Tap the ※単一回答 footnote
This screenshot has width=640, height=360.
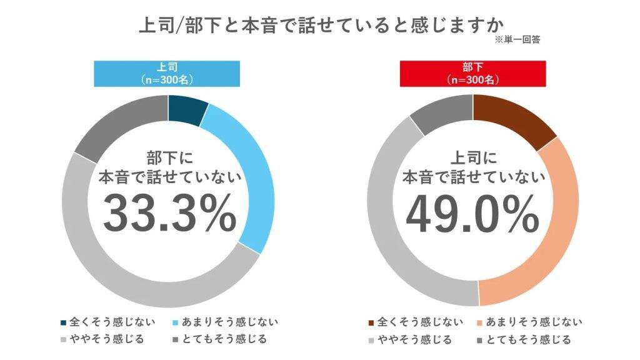[517, 39]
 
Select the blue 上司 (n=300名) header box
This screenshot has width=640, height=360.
[168, 73]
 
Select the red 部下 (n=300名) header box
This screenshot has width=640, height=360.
[473, 73]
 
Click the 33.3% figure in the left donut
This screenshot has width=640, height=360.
[169, 212]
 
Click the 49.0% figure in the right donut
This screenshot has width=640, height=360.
[473, 212]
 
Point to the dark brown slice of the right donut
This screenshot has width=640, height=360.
[512, 118]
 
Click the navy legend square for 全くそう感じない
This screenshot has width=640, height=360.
[62, 322]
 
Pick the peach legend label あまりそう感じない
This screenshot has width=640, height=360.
[534, 322]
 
